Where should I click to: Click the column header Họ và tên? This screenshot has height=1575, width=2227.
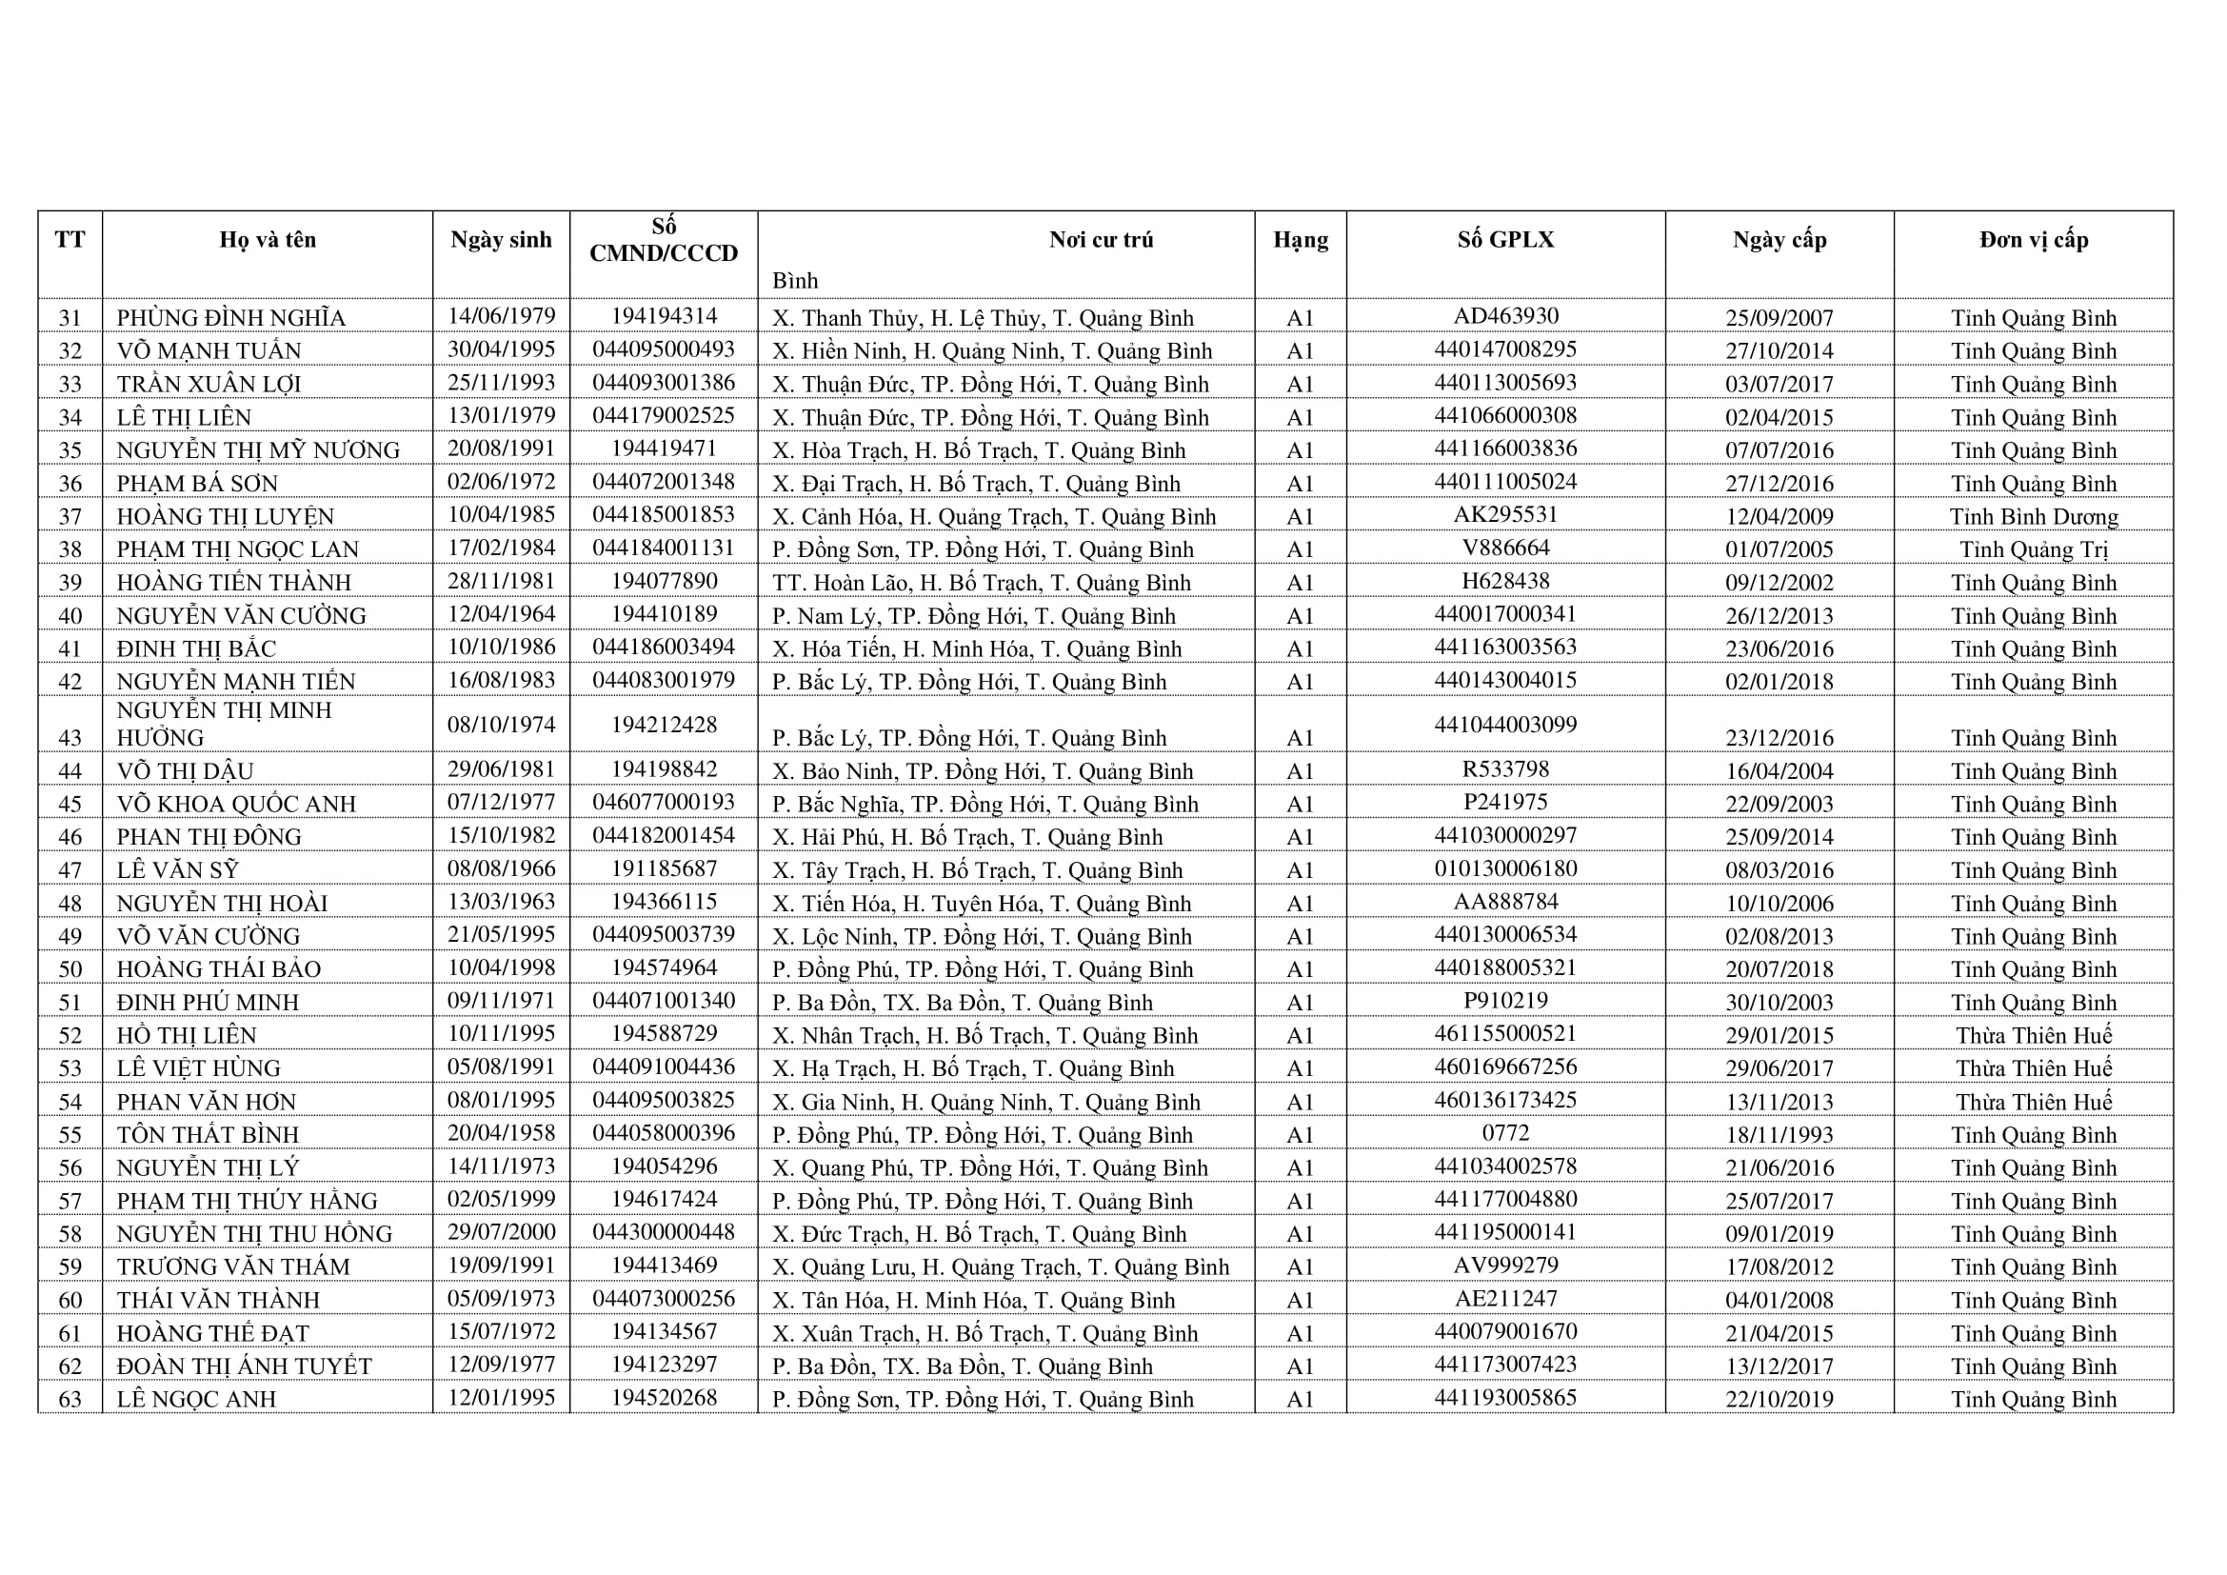point(268,240)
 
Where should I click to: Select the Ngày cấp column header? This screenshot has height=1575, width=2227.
point(1779,240)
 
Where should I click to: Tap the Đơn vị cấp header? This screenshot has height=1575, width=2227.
point(2033,240)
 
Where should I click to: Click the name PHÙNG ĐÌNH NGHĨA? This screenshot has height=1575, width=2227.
point(230,318)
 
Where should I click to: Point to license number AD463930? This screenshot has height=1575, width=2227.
point(1505,316)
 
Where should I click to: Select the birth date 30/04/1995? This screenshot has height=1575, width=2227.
point(501,349)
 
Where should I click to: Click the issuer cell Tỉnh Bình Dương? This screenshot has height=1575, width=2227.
point(2033,516)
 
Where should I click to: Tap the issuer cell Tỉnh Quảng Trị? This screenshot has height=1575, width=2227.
point(2033,548)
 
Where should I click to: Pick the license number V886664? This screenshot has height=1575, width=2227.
point(1505,548)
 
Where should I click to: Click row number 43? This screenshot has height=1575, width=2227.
point(70,738)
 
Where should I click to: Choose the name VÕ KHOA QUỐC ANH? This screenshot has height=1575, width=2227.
point(237,804)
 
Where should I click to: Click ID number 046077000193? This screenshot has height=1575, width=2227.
point(664,802)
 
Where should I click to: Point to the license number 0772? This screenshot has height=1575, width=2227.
point(1505,1133)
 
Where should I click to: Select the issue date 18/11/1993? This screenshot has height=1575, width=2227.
point(1779,1135)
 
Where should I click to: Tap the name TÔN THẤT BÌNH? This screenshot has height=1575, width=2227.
point(208,1135)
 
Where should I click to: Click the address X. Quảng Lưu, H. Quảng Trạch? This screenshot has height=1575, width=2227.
point(1000,1266)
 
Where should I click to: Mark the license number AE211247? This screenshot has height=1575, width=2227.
point(1505,1298)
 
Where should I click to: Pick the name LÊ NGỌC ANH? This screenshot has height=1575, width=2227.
point(196,1399)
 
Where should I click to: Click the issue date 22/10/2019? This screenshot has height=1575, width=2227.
point(1779,1399)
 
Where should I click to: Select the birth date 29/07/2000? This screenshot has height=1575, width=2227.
point(501,1231)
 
